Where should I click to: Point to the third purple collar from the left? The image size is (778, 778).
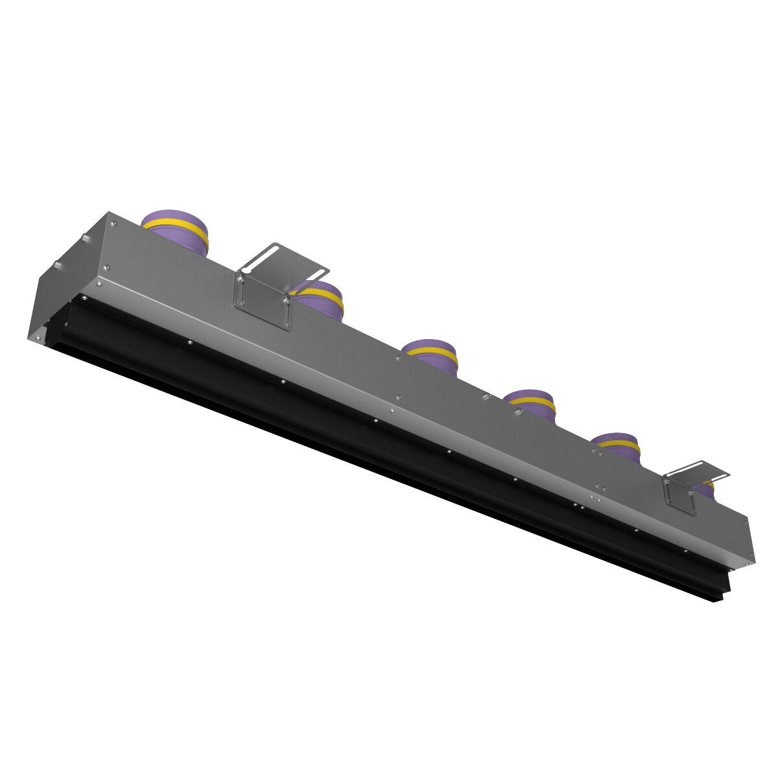[430, 356]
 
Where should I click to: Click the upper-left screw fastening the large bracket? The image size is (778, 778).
[241, 279]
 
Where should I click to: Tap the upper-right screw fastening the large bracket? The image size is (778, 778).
[285, 300]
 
